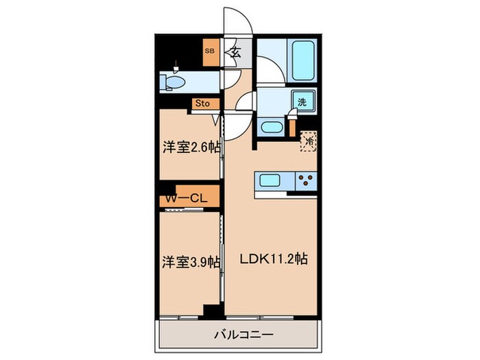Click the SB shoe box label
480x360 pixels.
pos(210,51)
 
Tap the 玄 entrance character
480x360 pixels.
pos(235,52)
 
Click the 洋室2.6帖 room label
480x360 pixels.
pos(191,147)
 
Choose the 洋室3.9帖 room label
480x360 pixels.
pos(191,261)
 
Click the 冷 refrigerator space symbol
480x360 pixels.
pos(309,141)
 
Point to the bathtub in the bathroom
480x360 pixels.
pos(302,61)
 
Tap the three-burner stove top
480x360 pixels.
pos(304,182)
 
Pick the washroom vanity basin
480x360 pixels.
pos(273,128)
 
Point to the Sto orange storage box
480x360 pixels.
pos(205,104)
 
